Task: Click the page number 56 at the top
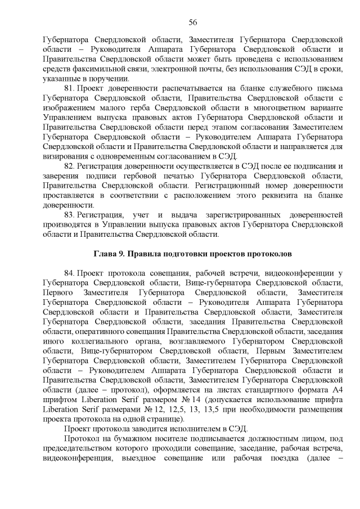click(192, 22)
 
